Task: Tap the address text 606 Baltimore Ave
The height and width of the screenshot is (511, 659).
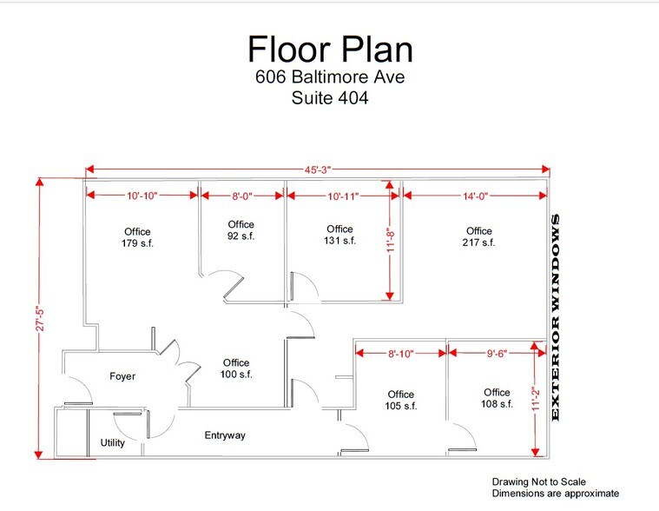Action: [x=329, y=76]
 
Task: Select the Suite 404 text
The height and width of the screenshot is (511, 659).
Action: [x=329, y=98]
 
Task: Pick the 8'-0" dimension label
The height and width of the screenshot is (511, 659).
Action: [x=241, y=197]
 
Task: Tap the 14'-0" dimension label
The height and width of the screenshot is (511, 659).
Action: [x=475, y=197]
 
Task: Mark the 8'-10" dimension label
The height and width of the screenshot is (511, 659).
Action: [x=400, y=354]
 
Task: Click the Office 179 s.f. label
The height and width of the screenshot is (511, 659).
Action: [x=137, y=236]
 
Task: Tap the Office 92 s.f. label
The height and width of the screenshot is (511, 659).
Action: [x=241, y=230]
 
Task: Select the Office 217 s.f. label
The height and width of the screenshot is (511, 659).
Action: [x=478, y=236]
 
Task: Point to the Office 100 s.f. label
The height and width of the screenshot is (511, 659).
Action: [x=235, y=368]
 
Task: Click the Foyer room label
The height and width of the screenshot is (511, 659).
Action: [x=122, y=376]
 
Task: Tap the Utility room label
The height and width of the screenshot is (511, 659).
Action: [x=113, y=443]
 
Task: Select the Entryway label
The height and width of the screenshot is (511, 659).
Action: [x=225, y=435]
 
